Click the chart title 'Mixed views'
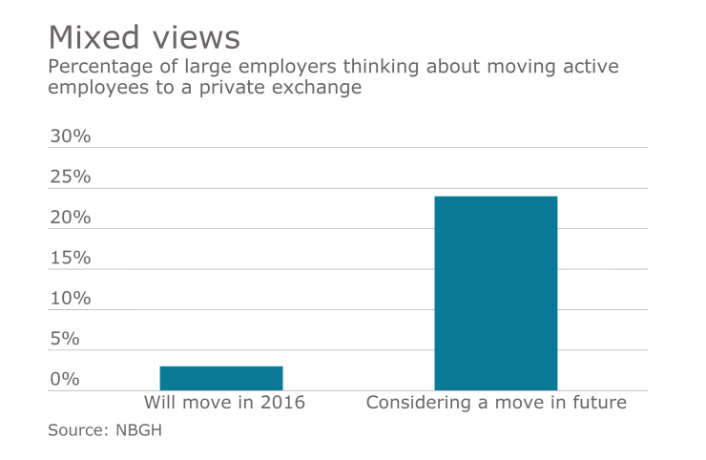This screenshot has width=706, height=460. click(144, 37)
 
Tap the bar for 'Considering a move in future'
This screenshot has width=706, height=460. click(495, 293)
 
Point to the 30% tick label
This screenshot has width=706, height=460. click(70, 136)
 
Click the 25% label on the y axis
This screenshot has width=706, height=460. click(70, 178)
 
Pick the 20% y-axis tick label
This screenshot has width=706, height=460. click(70, 218)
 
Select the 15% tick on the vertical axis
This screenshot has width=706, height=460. click(70, 258)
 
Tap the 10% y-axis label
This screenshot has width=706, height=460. click(70, 299)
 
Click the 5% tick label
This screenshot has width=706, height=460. click(65, 339)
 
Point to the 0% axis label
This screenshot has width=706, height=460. click(65, 380)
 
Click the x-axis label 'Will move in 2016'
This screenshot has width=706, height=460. click(224, 403)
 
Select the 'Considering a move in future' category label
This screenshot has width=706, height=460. click(496, 403)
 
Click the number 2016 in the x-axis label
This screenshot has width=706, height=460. click(283, 403)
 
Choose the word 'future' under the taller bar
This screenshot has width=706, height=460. click(599, 403)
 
